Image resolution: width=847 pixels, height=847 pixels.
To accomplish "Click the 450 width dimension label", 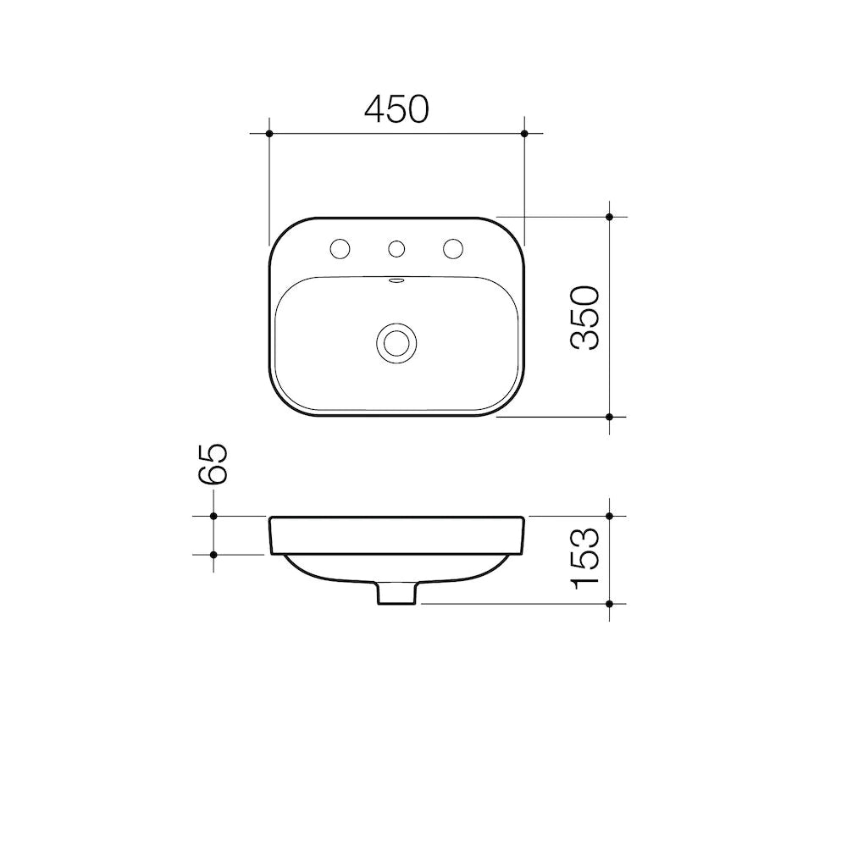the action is pos(396,109).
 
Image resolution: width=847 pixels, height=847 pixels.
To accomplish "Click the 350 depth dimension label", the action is pos(585,318).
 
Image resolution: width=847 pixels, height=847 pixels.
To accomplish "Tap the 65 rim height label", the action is pos(213,463).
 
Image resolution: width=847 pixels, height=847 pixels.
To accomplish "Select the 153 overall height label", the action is pos(585,558).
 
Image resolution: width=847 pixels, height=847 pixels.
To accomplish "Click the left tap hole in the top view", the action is pos(340,249).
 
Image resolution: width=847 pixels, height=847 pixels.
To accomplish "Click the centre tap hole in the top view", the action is pos(396,249).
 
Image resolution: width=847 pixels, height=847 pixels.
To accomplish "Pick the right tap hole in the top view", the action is pos(452,249).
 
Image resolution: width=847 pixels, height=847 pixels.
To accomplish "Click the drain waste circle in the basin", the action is pos(396,343).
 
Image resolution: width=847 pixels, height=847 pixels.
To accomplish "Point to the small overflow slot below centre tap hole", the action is pos(396,280).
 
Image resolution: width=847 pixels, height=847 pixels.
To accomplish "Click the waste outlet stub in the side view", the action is pos(396,593).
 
